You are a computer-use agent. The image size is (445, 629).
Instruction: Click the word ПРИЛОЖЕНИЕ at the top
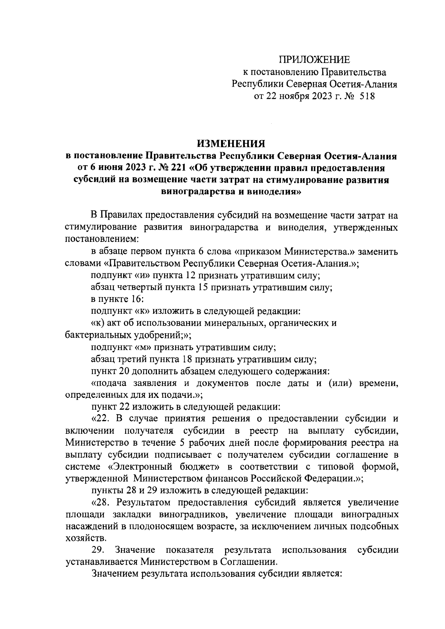[x=314, y=60]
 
